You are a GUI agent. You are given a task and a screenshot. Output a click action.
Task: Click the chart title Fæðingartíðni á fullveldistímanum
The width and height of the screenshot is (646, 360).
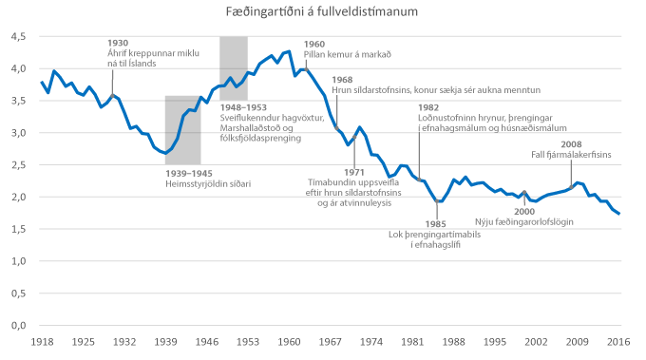click(x=322, y=11)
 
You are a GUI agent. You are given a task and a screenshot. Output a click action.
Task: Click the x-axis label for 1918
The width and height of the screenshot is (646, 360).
click(x=42, y=341)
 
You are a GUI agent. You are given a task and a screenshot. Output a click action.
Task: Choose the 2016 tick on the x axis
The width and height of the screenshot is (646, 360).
click(x=619, y=341)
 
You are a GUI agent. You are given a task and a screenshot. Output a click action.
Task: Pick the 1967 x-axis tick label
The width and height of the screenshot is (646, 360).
click(x=331, y=341)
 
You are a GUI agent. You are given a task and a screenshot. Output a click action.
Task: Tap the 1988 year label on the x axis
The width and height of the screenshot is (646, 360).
click(x=454, y=341)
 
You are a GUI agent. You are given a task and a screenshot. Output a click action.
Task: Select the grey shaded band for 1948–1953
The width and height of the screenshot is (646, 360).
click(x=234, y=67)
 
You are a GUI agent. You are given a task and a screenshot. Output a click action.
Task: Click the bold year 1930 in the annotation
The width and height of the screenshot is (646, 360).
click(x=118, y=44)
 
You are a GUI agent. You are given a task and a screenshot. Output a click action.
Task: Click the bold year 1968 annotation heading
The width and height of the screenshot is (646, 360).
click(x=343, y=79)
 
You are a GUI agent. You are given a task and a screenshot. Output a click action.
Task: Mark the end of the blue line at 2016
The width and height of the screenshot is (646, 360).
click(x=619, y=214)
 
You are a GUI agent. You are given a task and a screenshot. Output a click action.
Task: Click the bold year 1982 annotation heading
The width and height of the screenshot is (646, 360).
click(x=428, y=107)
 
